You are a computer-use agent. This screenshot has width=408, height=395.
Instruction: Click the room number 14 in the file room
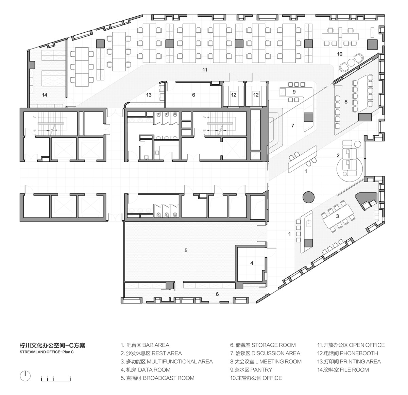point(45,95)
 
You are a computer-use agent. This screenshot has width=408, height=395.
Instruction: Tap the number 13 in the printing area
point(149,95)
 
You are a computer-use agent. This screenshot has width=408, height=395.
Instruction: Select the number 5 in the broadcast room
point(186,250)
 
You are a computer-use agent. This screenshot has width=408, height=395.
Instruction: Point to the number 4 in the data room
point(252,263)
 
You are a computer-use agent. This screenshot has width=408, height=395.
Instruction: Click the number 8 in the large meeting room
point(346,102)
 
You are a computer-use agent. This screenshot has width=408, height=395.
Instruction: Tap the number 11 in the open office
point(205,70)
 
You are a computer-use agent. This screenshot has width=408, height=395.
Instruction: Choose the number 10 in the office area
point(340,54)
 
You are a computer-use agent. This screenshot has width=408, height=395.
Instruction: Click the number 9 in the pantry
point(294,92)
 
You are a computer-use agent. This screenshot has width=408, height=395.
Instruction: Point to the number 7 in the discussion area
point(293,125)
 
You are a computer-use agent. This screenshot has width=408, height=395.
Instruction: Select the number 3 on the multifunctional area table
point(337,216)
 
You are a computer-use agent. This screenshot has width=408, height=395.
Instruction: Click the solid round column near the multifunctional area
point(309,197)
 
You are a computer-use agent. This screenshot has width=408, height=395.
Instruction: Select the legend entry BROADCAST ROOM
point(169,378)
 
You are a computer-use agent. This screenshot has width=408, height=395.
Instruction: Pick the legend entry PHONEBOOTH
point(359,353)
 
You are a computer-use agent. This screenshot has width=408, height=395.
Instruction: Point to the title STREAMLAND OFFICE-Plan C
point(47,352)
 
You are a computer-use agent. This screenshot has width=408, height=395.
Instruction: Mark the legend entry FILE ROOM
point(354,370)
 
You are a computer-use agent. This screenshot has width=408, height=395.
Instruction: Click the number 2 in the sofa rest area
point(338,155)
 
